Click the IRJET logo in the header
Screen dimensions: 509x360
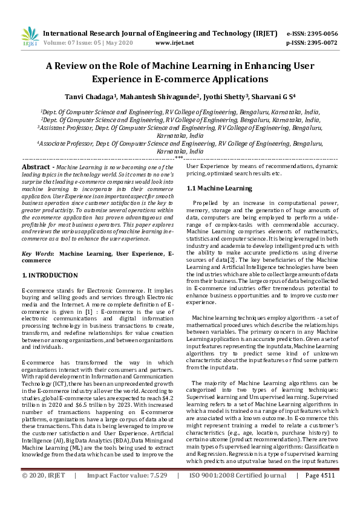click(30, 37)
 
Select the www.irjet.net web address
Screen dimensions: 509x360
click(175, 44)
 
